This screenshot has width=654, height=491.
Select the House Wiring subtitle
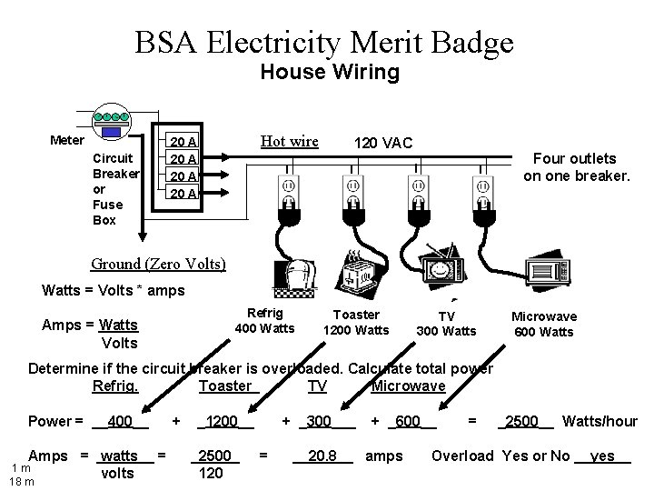click(329, 73)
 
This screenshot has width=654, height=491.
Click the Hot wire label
click(289, 141)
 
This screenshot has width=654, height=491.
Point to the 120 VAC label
click(382, 143)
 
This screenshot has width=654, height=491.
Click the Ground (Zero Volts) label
click(158, 265)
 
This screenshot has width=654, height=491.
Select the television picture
click(442, 263)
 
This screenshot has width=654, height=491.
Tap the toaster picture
click(355, 270)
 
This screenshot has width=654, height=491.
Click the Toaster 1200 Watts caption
click(356, 323)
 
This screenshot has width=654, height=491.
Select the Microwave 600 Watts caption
click(543, 325)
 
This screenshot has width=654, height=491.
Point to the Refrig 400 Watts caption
click(264, 320)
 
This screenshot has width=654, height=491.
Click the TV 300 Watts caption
click(446, 324)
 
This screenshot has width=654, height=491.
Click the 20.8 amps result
click(322, 456)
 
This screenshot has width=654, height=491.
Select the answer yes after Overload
click(602, 456)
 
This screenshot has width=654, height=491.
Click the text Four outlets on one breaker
click(576, 166)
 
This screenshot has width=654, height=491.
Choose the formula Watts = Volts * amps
click(114, 291)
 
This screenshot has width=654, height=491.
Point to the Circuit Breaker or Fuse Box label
click(116, 188)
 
